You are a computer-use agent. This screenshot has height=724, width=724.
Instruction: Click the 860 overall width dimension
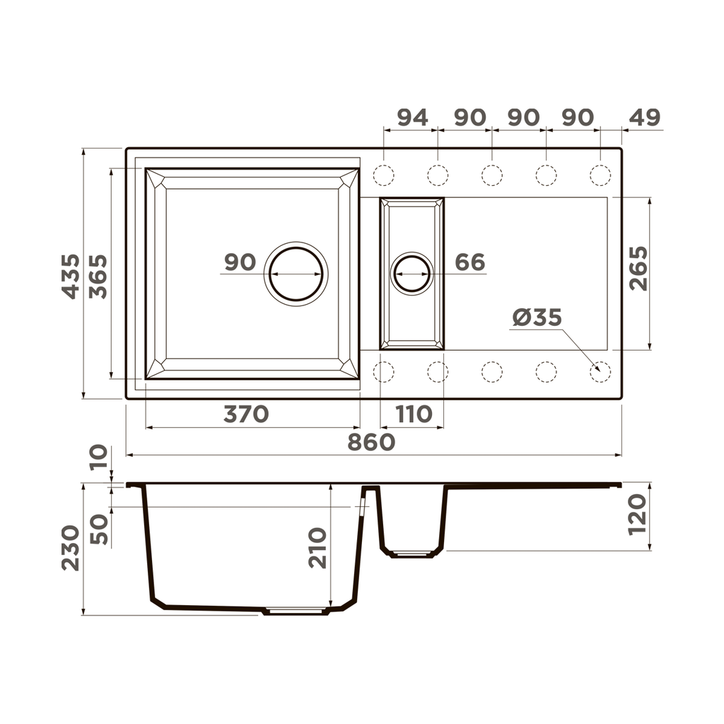[x=370, y=442]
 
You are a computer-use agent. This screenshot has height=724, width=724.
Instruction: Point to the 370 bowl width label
[x=246, y=414]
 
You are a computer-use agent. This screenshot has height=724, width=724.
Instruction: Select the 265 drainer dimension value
[x=638, y=269]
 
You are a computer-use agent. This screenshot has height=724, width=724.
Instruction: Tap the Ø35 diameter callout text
[x=537, y=318]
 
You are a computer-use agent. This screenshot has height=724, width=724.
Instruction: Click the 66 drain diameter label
[x=470, y=262]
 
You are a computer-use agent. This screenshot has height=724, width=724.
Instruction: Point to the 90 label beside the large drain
[x=240, y=262]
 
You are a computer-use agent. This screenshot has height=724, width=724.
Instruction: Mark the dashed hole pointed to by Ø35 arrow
[x=600, y=371]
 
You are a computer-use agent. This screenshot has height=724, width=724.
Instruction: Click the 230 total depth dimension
[x=71, y=548]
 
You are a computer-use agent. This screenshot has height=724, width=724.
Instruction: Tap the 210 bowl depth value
[x=317, y=548]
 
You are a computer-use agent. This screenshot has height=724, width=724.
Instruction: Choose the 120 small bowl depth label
[x=638, y=514]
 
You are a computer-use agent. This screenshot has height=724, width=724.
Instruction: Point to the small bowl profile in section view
[x=413, y=523]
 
